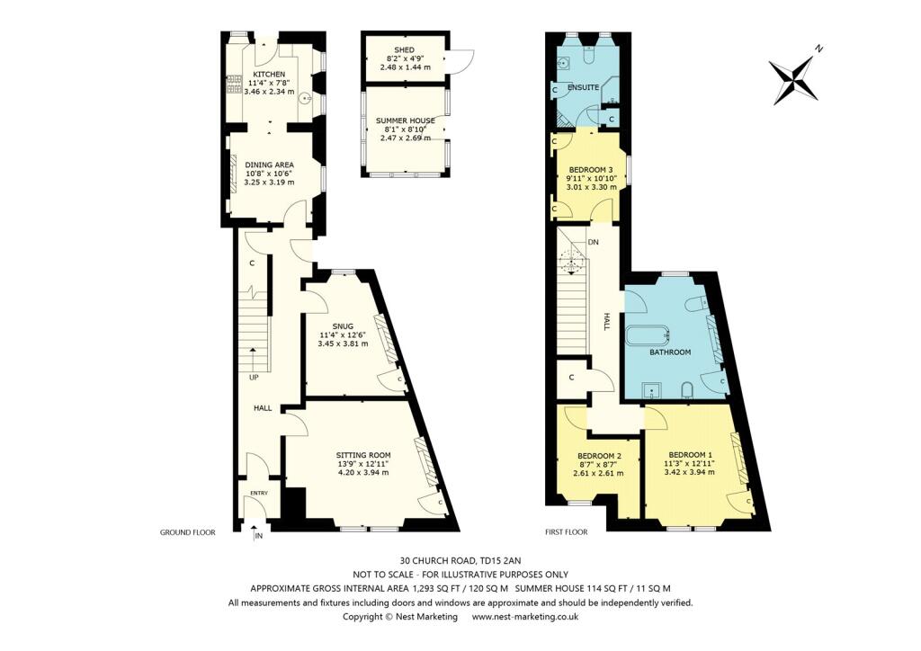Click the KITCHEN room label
[x=269, y=74]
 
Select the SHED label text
[x=403, y=49]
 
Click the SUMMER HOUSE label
[x=405, y=120]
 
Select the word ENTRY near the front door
[x=259, y=493]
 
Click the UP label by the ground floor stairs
[x=255, y=378]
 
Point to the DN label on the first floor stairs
[x=593, y=243]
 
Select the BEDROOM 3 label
[x=591, y=169]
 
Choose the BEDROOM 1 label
[x=691, y=455]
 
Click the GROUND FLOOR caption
[x=187, y=532]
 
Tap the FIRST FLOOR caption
[x=567, y=532]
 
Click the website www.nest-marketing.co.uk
[x=525, y=617]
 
